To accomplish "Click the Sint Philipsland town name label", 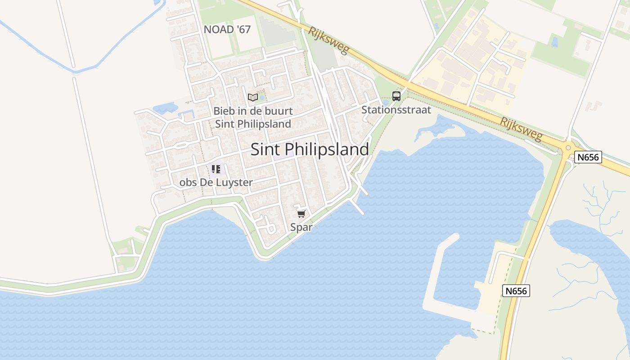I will pos(310,149).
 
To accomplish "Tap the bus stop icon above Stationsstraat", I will pos(396,96).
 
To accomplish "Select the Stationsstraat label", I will pos(396,110).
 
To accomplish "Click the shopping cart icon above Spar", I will pos(301,214).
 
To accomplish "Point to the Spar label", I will pos(301,227).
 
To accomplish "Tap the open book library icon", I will pos(252,97).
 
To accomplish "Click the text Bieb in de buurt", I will pos(253,111).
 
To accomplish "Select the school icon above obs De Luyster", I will pos(216,169).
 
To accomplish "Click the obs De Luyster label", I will pos(216,183).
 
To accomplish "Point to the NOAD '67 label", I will pos(227,30).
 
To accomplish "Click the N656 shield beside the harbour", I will pos(516,291).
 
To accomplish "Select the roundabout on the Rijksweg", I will pos(568,147).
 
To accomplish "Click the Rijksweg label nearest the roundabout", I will pos(522,129).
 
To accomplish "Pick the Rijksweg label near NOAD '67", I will pos(328,40).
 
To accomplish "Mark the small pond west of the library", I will pos(165,108).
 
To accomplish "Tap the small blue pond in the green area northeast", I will pos(554,42).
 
